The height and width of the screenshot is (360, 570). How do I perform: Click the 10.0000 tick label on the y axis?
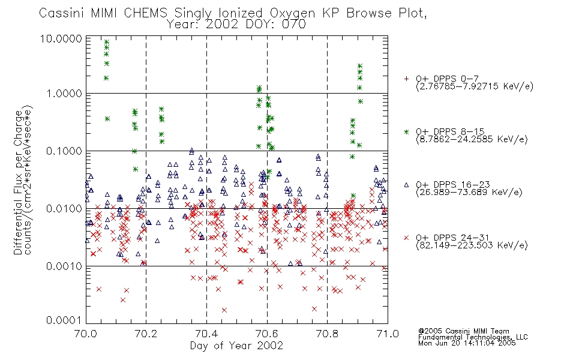61,38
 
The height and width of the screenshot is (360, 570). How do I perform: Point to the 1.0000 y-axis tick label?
64,94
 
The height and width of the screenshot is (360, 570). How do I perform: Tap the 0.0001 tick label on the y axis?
64,320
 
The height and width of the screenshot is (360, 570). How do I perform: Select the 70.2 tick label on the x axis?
146,334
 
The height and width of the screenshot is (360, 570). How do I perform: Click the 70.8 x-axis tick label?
327,334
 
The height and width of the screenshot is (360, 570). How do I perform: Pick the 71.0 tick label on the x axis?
388,334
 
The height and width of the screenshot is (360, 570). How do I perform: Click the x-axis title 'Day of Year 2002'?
236,346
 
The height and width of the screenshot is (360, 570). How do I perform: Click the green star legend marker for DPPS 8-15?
406,131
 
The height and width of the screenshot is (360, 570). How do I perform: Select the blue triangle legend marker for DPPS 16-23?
406,185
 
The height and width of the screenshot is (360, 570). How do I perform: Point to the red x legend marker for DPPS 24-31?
406,238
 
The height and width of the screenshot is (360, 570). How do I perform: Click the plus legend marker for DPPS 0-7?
406,79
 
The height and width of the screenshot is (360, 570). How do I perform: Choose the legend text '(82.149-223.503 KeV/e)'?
472,245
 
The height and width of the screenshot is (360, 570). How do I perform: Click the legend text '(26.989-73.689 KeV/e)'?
469,193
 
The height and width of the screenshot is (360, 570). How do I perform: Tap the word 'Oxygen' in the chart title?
292,13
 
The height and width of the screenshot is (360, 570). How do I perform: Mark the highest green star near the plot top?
107,42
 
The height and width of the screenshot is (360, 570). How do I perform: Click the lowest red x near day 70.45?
224,310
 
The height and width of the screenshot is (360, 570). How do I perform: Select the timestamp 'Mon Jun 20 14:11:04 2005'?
467,343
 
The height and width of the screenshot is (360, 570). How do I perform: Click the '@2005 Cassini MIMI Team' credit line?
463,331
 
